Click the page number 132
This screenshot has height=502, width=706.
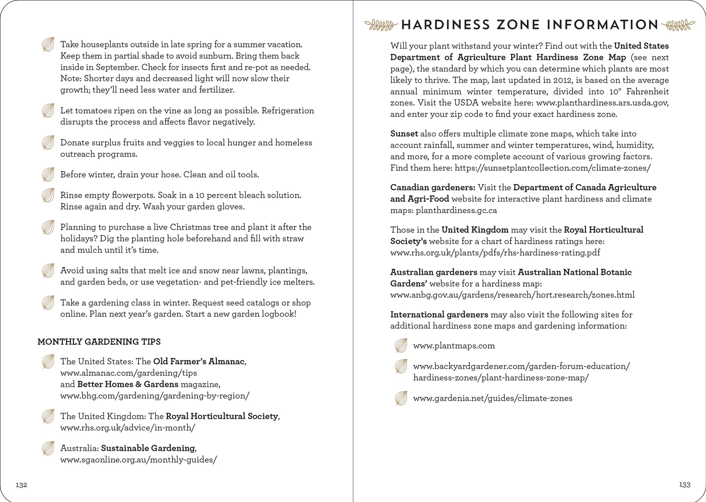click(x=21, y=485)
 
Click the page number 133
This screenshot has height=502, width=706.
click(x=684, y=485)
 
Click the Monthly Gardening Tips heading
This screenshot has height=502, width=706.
click(x=99, y=342)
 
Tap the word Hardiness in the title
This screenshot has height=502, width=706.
click(x=445, y=25)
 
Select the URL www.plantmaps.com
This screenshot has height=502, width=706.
click(x=454, y=346)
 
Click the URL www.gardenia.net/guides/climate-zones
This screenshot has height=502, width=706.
click(x=493, y=398)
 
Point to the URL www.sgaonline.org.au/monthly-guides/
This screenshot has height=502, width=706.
click(x=138, y=460)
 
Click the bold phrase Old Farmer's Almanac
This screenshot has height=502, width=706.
click(x=199, y=361)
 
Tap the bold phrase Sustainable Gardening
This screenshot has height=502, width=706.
click(x=148, y=448)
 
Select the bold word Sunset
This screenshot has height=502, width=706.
click(x=404, y=134)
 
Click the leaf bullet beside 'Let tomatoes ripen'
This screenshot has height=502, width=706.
click(x=48, y=111)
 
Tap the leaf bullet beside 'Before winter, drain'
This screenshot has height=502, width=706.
click(x=48, y=175)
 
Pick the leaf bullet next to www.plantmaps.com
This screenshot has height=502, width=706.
click(x=400, y=346)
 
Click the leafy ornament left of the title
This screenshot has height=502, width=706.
click(x=379, y=25)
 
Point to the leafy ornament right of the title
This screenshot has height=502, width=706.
click(x=678, y=25)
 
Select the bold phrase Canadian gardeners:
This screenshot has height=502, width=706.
click(x=433, y=188)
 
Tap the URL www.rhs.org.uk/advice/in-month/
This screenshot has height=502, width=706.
click(x=127, y=428)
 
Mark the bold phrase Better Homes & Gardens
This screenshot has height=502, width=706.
click(x=128, y=384)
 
